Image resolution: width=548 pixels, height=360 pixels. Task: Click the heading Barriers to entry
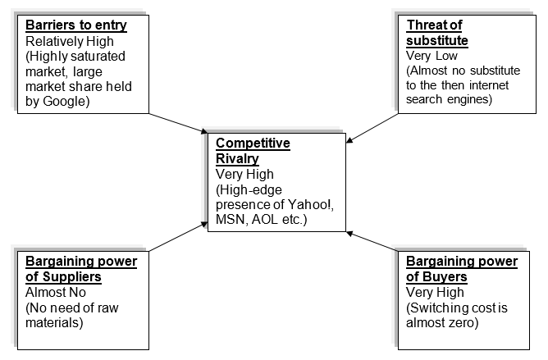76,25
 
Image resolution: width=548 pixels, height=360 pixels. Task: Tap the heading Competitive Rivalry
253,151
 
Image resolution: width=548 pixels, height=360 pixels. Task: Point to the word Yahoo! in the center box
308,204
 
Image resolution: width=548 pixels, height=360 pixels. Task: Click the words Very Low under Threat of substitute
432,56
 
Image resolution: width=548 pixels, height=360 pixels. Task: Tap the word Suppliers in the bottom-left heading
72,277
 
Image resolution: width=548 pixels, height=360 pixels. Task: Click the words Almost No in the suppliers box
56,292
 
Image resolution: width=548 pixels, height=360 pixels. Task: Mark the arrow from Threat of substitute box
372,128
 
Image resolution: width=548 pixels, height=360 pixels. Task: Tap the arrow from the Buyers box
372,241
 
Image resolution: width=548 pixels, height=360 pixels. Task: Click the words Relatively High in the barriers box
70,42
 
